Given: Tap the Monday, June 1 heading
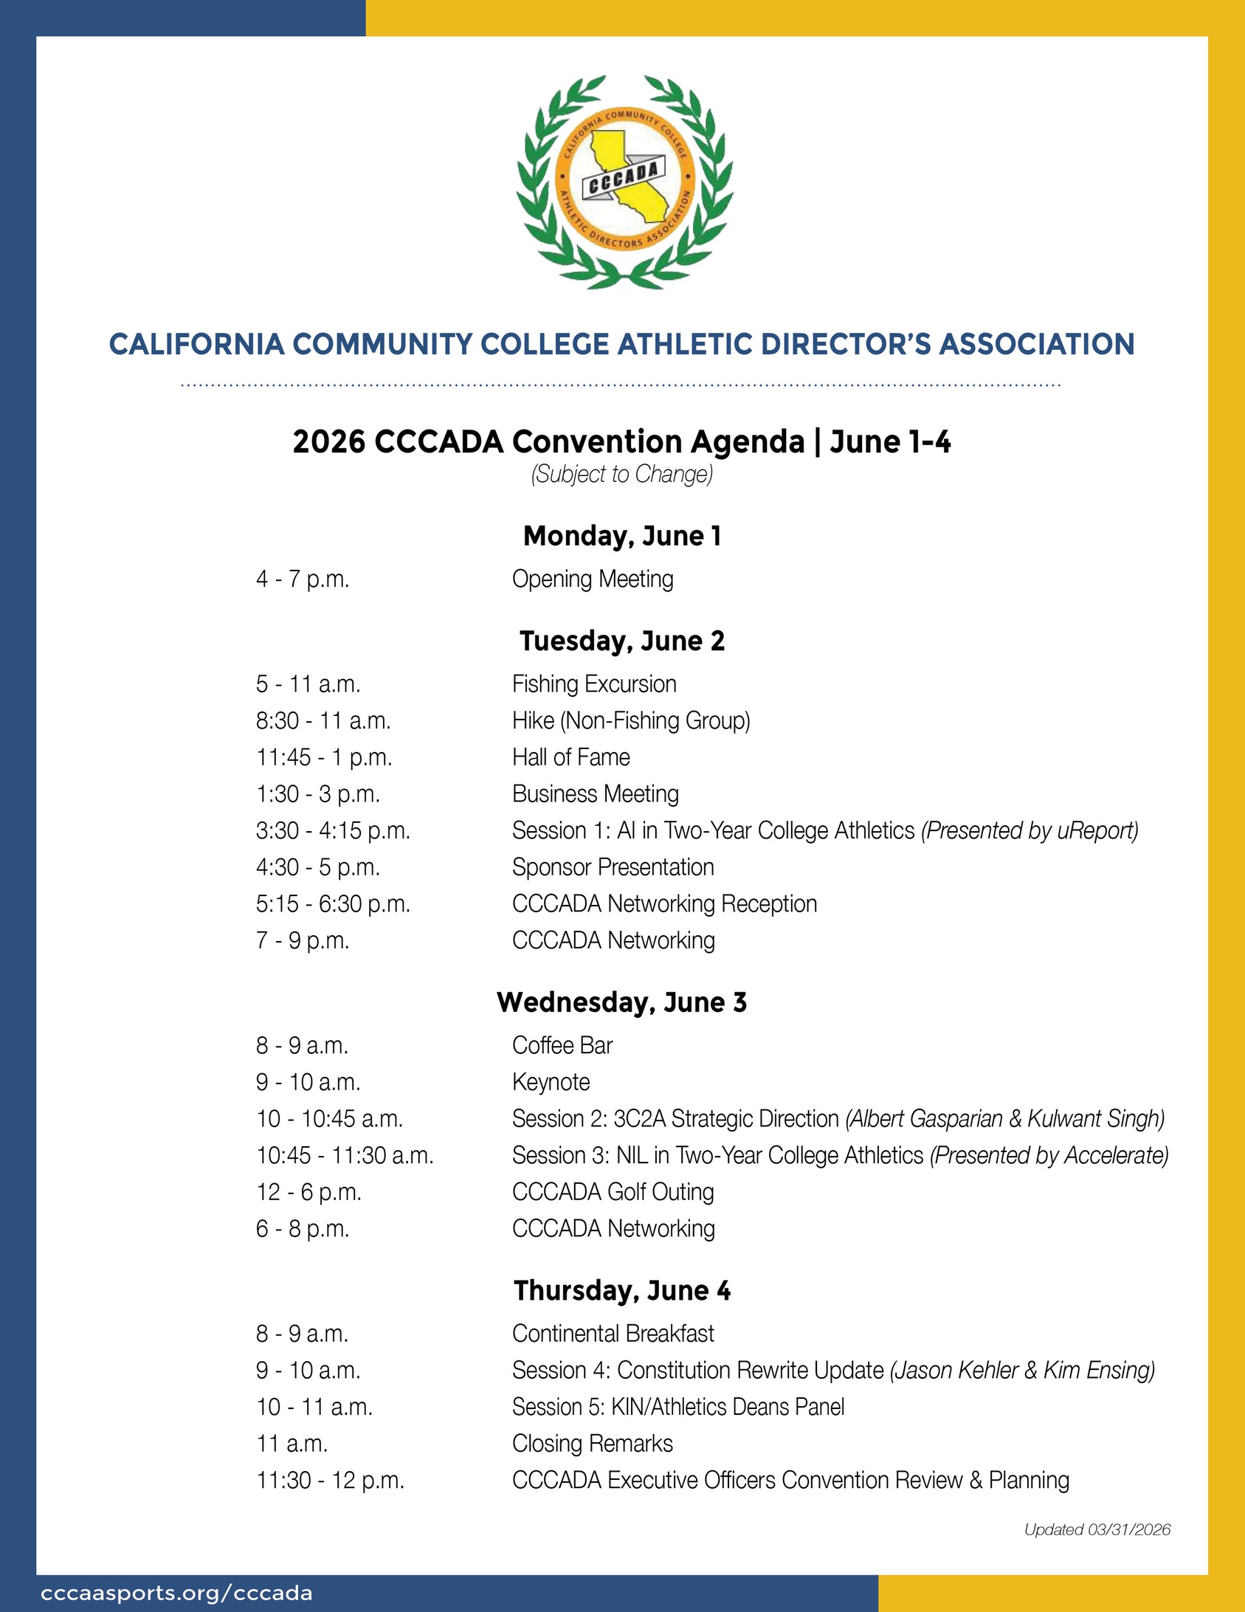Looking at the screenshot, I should [x=621, y=536].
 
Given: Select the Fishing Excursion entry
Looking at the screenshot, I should [x=594, y=684].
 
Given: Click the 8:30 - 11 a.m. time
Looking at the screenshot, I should [x=323, y=720].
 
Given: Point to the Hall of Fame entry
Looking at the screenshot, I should [x=570, y=757].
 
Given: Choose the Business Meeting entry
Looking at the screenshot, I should [x=595, y=794].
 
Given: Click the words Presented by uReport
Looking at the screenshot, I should [x=1030, y=831].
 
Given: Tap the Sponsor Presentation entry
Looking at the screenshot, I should [x=613, y=867].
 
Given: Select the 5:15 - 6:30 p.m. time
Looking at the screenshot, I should [x=333, y=904].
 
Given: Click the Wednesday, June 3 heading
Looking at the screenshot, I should [x=621, y=1002].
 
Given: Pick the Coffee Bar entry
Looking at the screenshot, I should [x=562, y=1046].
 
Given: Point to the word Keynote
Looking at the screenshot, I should [x=551, y=1083].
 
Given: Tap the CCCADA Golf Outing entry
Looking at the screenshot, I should [x=613, y=1192].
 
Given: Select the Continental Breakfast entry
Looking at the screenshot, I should [x=613, y=1334].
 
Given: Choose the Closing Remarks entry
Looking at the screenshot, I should [x=592, y=1444].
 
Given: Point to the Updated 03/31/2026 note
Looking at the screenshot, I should [x=1097, y=1530].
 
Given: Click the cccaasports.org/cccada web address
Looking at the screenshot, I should [x=176, y=1594].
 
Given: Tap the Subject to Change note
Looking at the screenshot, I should [x=621, y=474].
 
